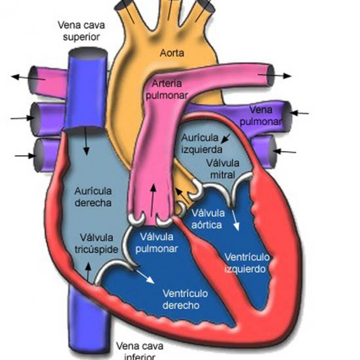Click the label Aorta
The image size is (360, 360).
173,53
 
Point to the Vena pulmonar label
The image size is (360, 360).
261,116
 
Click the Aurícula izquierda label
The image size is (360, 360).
201,144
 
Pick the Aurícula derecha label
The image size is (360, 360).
93,196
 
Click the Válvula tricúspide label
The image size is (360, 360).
98,243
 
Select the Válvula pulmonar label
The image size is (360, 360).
158,242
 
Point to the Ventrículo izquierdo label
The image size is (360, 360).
247,263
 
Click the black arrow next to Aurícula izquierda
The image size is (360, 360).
227,137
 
